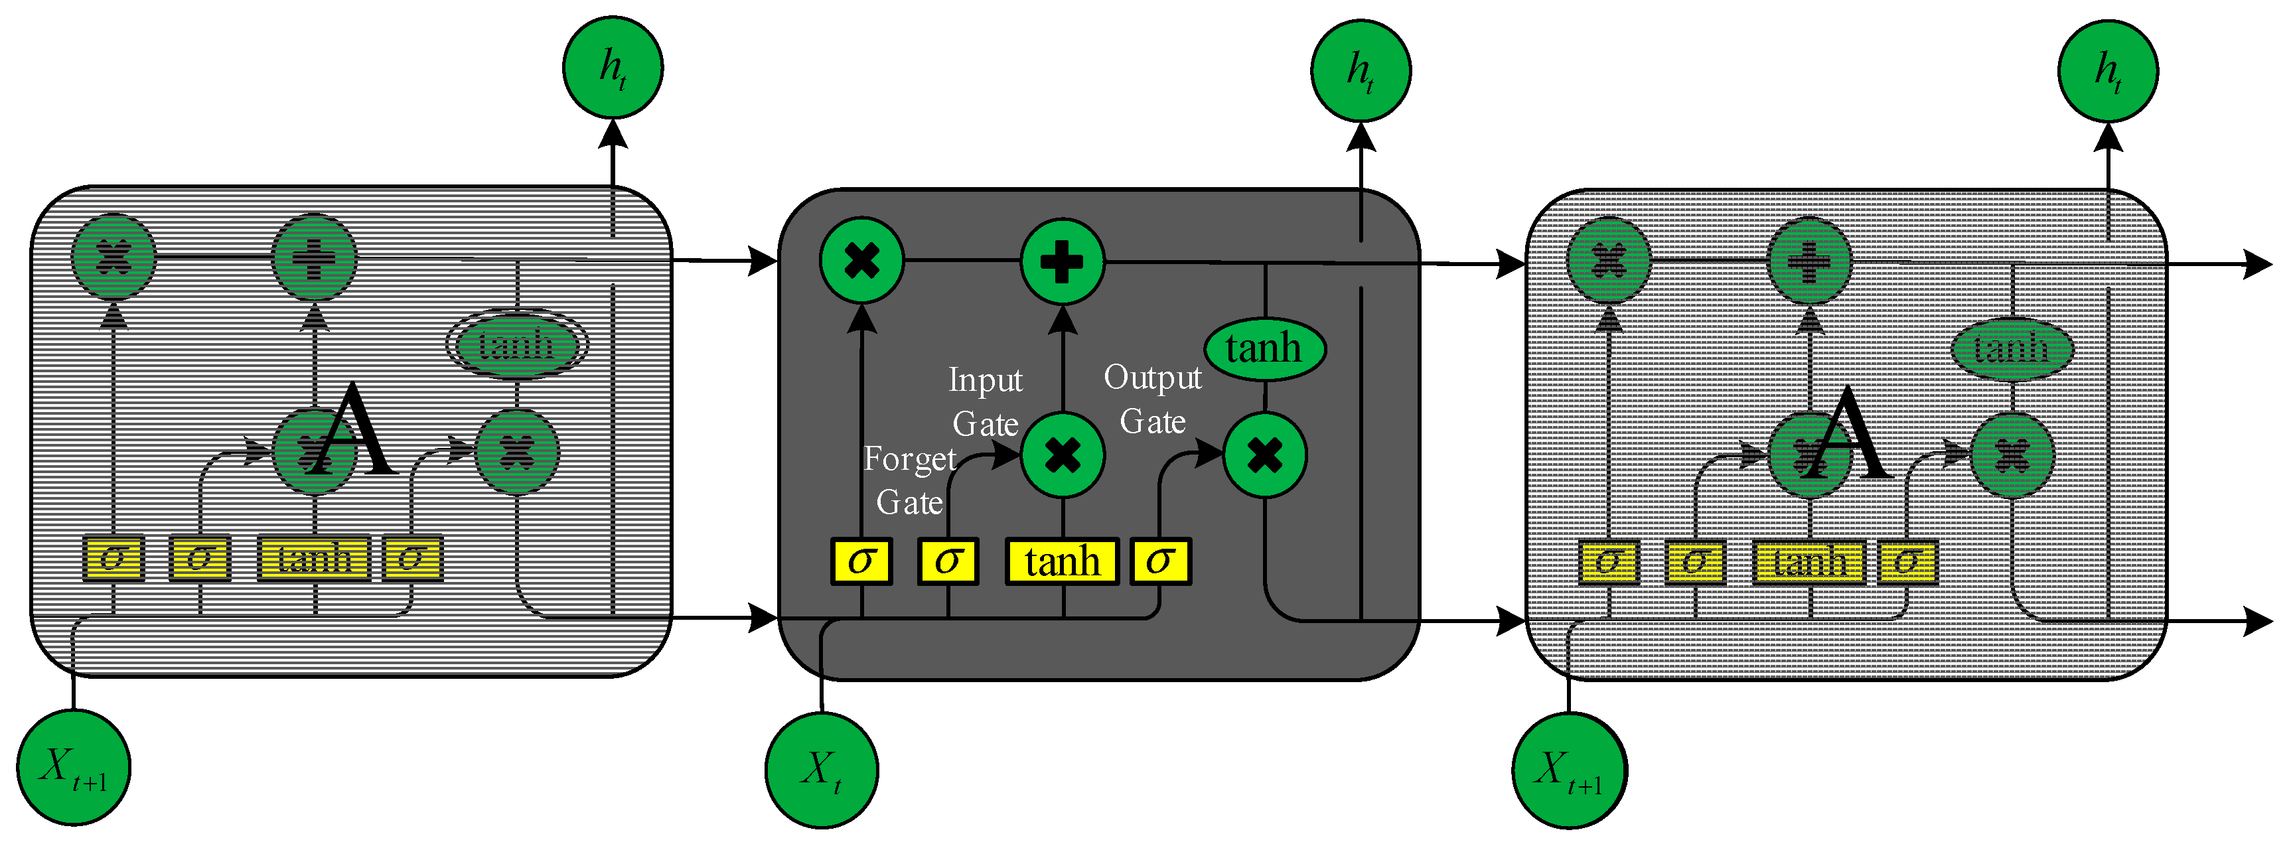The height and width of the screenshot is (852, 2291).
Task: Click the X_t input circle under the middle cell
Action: (822, 770)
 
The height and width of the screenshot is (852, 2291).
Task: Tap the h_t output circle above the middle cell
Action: (1361, 70)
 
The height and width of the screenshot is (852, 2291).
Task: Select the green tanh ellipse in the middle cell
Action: (1264, 348)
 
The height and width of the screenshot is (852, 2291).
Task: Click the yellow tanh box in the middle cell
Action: (1062, 561)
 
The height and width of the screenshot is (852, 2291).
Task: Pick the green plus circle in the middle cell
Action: (1062, 261)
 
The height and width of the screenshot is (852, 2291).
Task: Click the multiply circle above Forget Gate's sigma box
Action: (861, 261)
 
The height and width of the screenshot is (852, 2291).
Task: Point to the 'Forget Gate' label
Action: (909, 480)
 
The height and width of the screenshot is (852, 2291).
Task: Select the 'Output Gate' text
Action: (1153, 398)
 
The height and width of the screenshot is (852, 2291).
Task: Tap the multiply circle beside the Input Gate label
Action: (1062, 455)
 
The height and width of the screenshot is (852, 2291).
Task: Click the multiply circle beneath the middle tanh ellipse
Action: (1265, 455)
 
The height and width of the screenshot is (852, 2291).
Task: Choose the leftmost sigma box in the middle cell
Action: (861, 561)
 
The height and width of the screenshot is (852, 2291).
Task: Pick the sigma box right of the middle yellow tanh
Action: (1159, 561)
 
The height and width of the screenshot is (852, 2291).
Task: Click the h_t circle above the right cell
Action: (2108, 70)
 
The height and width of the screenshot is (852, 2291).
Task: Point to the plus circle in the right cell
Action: (1809, 262)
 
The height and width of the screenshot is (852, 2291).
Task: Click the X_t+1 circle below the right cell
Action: (1570, 770)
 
